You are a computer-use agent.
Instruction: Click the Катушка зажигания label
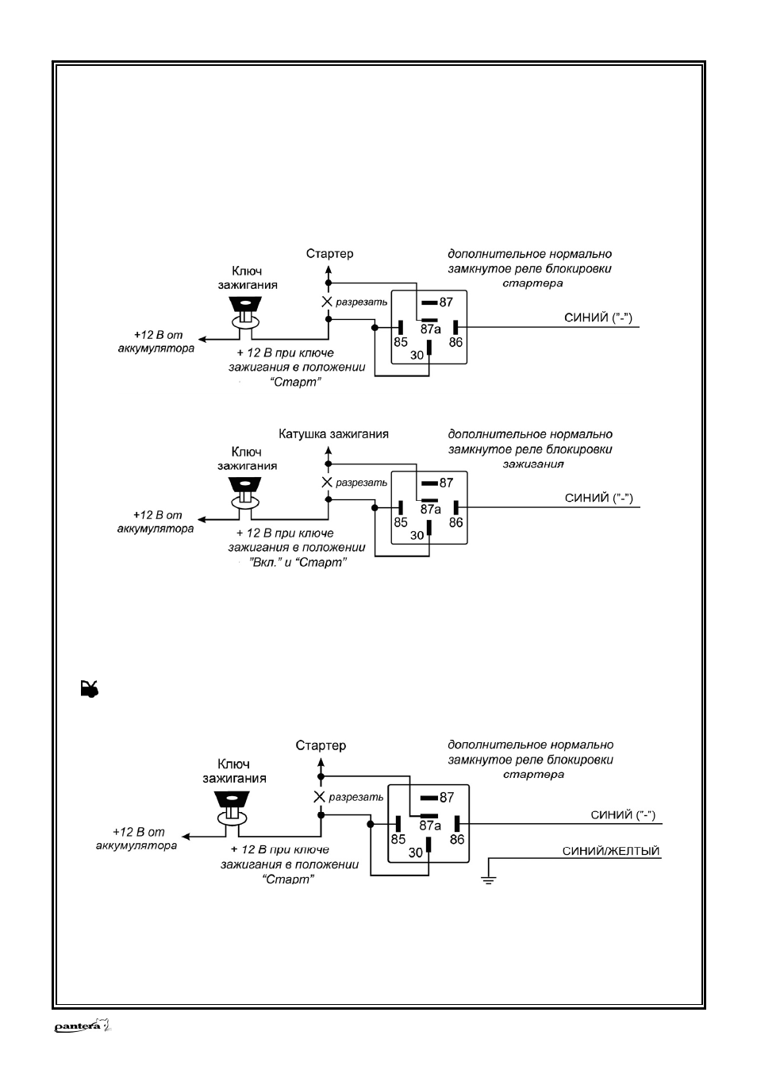[333, 433]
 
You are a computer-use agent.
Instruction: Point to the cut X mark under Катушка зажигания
[327, 482]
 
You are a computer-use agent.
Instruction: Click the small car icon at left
[90, 689]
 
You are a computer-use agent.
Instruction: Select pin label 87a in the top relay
[430, 329]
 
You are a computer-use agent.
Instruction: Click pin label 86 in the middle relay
[455, 522]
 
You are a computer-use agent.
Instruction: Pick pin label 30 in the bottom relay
[416, 853]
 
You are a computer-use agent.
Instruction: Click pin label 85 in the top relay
[400, 342]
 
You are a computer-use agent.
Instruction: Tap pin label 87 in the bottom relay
[447, 797]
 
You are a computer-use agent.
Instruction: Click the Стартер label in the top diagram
[329, 253]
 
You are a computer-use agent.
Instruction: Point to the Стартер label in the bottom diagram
[321, 745]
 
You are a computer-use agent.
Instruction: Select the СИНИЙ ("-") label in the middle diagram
[599, 498]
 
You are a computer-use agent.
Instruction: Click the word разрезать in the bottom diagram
[355, 797]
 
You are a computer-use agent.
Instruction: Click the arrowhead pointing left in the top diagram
[202, 339]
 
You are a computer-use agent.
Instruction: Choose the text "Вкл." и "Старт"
[298, 562]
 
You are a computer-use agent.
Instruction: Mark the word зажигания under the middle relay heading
[533, 464]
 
